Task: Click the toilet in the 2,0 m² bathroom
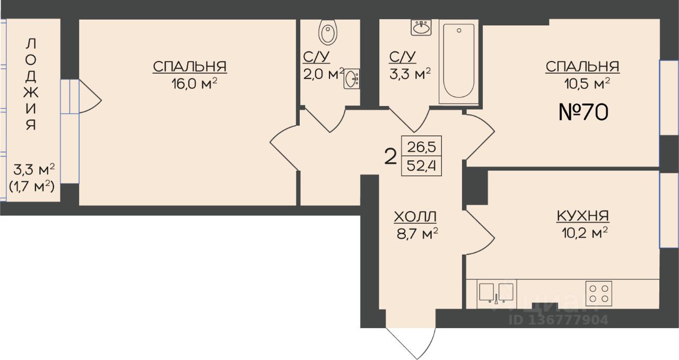(x=328, y=32)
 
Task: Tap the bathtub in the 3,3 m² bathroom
(x=458, y=62)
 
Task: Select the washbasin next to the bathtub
(x=421, y=28)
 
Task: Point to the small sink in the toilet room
(x=352, y=79)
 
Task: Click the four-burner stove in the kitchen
(x=599, y=293)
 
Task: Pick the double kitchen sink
(x=497, y=293)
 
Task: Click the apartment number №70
(x=583, y=112)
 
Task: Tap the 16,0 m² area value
(x=194, y=83)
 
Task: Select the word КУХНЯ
(x=583, y=216)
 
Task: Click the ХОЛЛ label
(x=415, y=217)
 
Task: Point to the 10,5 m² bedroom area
(x=587, y=83)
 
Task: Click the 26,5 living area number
(x=421, y=147)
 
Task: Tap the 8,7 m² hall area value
(x=417, y=234)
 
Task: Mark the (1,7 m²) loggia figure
(x=32, y=187)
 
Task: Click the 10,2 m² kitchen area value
(x=585, y=233)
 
